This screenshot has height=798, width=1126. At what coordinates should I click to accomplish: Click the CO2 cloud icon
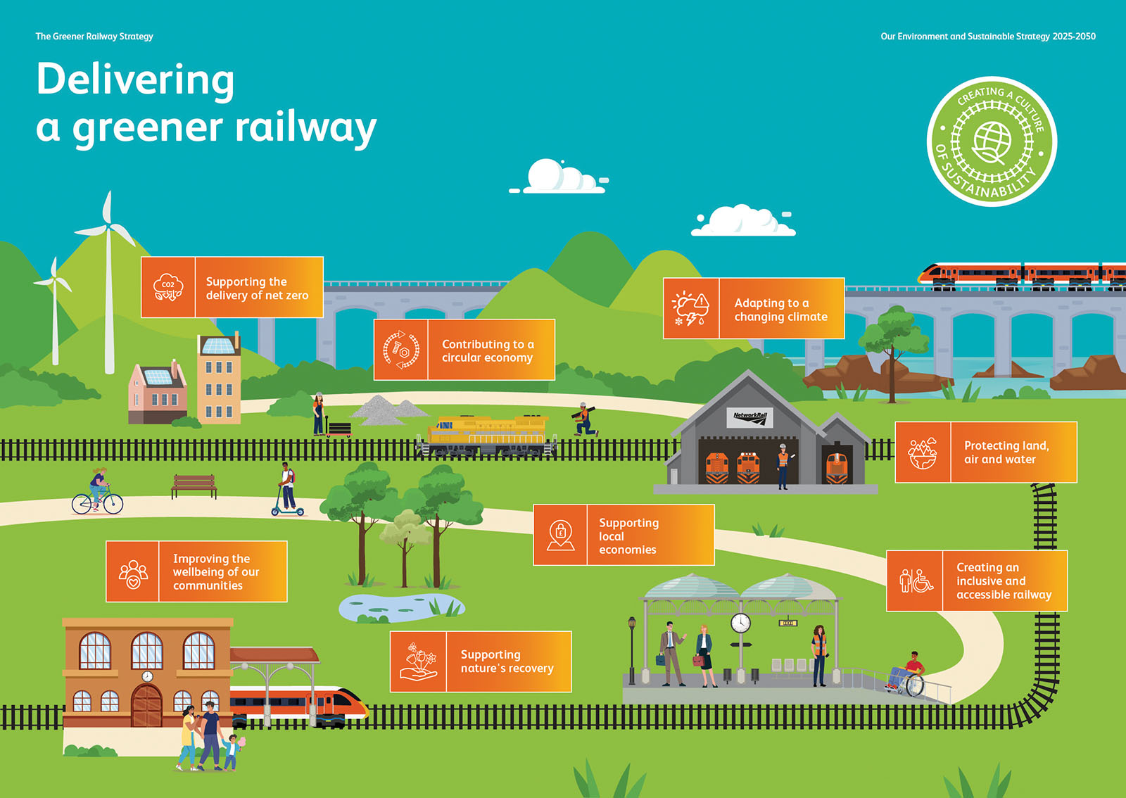point(168,287)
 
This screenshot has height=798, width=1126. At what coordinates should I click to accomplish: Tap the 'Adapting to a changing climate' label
point(780,310)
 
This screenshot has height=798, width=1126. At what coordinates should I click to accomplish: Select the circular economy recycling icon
point(401,350)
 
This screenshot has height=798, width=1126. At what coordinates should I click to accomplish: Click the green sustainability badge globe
point(992,141)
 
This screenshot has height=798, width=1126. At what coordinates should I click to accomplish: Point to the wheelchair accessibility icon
point(916,581)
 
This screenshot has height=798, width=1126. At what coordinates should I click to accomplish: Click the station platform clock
point(740,623)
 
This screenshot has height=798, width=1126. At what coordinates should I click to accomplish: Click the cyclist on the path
point(98,491)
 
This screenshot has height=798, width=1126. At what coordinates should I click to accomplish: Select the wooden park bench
point(194,485)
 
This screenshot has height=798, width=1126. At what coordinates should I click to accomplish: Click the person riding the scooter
point(287,488)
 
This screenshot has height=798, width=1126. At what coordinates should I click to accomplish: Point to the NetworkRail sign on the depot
point(749,417)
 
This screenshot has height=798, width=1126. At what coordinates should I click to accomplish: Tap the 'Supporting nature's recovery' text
point(507,661)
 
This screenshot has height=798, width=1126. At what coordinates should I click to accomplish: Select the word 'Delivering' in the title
point(135,80)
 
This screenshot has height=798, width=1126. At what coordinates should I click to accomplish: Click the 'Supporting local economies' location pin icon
point(560,535)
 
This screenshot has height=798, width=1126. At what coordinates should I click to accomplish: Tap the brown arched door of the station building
point(146,705)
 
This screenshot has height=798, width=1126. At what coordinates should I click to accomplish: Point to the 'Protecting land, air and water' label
point(1006,452)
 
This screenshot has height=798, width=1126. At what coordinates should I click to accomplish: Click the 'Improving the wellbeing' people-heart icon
point(133,572)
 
